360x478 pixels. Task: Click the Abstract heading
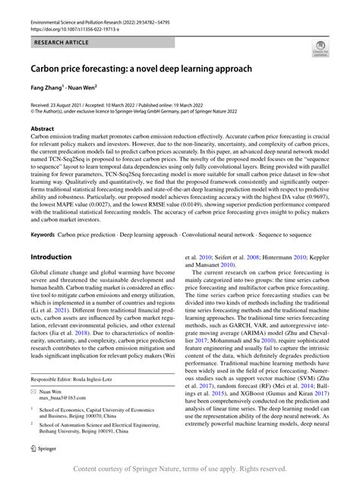click(43, 129)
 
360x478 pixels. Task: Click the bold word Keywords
click(43, 234)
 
